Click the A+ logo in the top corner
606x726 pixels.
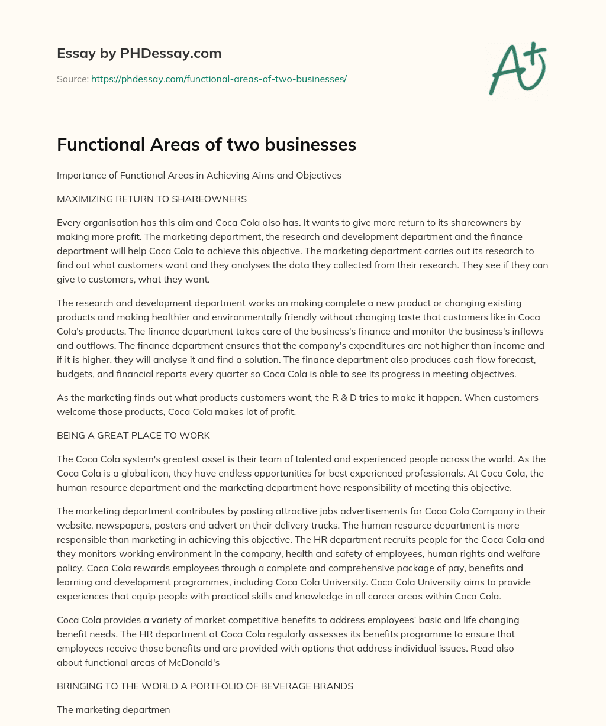517,69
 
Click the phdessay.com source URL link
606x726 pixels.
218,79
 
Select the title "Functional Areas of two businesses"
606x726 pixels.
206,144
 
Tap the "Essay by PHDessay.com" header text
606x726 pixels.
139,53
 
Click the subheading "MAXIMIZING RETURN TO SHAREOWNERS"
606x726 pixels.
151,199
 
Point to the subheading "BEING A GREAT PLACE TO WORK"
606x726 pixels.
133,436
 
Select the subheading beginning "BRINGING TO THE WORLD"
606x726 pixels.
205,686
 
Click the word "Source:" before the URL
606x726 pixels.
72,79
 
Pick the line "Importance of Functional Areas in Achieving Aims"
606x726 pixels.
199,176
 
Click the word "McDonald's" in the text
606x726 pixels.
195,663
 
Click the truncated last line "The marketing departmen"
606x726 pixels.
113,710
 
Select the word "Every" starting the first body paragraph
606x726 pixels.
69,223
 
